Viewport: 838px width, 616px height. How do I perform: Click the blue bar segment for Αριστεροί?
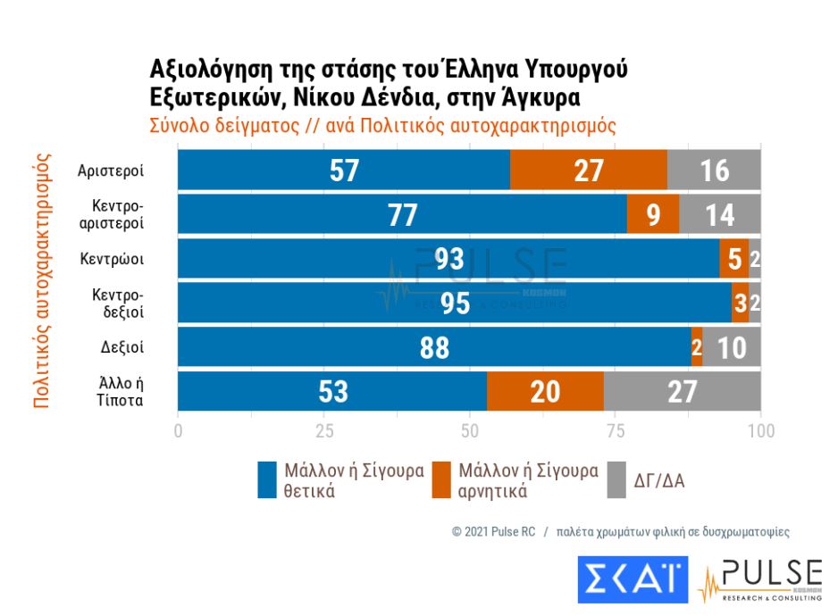pos(344,170)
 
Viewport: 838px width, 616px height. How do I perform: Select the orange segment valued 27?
pos(589,170)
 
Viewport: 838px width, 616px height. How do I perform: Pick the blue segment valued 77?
pos(402,214)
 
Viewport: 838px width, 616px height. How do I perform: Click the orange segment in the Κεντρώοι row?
pos(733,259)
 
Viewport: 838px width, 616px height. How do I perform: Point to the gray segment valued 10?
pos(732,348)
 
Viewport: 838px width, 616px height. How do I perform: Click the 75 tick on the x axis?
pos(615,431)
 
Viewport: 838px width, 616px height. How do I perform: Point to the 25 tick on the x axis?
pos(323,431)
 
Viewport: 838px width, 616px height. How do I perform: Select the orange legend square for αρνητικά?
pos(440,480)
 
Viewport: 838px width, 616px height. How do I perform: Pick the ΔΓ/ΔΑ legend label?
pos(660,480)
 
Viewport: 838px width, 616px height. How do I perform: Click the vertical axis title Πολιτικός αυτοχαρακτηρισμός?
pos(41,280)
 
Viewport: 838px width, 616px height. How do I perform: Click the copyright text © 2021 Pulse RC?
pos(493,531)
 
